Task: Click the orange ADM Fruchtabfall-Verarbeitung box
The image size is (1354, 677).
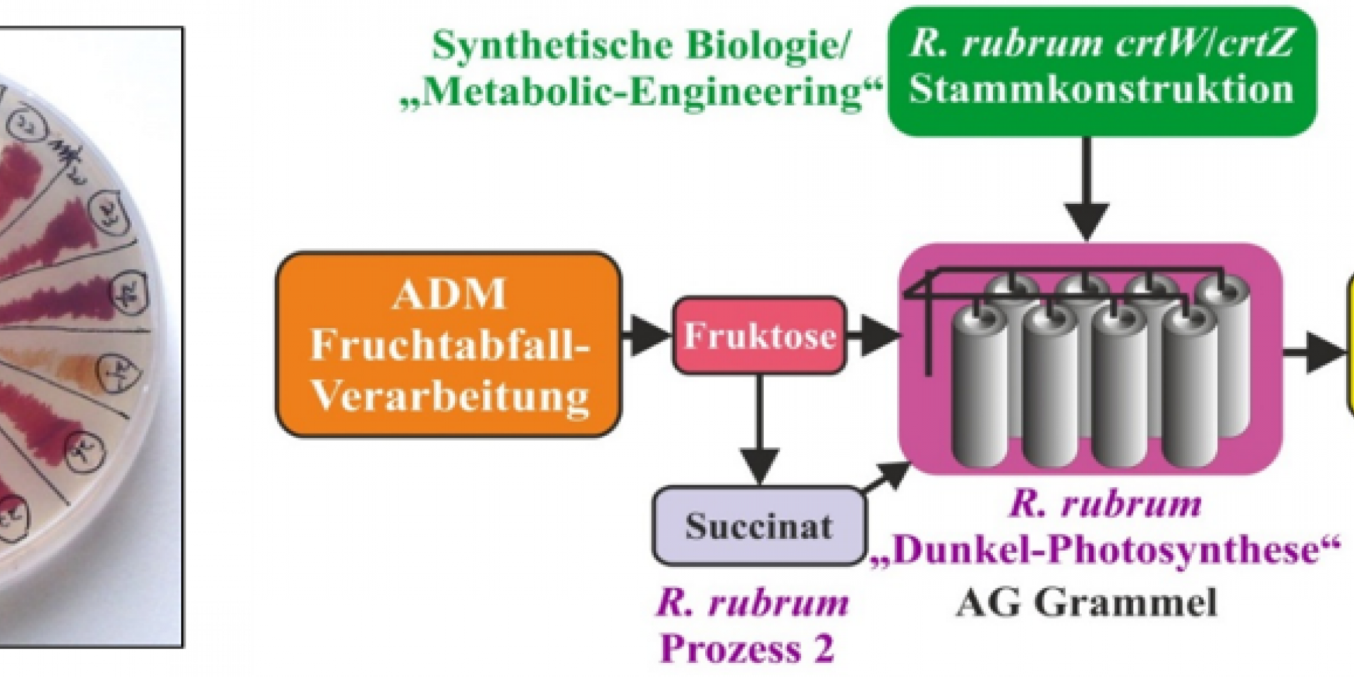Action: click(x=449, y=345)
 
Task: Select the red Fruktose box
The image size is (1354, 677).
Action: click(x=759, y=336)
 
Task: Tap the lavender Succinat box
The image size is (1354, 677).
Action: click(x=759, y=526)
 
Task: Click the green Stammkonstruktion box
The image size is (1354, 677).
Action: click(x=1102, y=71)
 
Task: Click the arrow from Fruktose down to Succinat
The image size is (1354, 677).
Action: click(x=759, y=430)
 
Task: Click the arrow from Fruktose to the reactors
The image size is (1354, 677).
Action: click(x=874, y=336)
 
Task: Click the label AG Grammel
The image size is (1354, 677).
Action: click(x=1086, y=604)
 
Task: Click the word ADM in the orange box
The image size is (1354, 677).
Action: click(x=449, y=294)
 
